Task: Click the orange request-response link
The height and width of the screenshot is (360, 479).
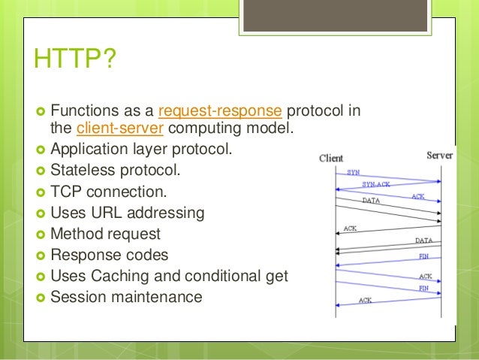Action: coord(220,112)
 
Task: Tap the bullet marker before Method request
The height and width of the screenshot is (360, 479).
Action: coord(41,234)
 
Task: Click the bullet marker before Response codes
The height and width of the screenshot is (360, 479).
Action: coord(41,255)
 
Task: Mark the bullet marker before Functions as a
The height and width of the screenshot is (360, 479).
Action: coord(41,112)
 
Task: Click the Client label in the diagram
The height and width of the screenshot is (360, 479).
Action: coord(331,158)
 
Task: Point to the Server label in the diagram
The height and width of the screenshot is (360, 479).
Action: coord(439,155)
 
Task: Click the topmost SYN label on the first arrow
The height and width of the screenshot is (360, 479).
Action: coord(353,172)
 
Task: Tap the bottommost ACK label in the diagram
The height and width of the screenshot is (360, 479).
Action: coord(365,300)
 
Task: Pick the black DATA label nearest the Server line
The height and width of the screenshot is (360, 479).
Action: coord(423,241)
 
